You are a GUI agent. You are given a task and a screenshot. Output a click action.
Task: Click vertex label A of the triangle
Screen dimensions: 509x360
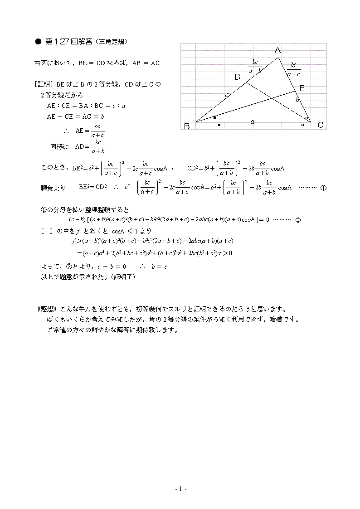click(x=278, y=50)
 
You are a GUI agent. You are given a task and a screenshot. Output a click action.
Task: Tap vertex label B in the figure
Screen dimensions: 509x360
click(x=187, y=126)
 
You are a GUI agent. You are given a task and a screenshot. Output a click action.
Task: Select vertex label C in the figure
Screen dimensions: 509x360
click(x=320, y=125)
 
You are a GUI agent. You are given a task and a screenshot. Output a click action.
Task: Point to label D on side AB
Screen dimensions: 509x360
click(x=238, y=77)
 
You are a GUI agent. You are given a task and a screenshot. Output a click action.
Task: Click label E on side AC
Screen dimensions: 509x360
click(x=302, y=88)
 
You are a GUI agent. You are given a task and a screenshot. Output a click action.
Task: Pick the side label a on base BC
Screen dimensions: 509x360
click(x=253, y=121)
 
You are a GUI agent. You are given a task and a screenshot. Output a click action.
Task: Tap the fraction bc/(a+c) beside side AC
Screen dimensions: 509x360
click(x=293, y=69)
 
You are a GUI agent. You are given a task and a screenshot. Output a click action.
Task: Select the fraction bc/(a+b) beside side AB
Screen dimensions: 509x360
click(x=255, y=66)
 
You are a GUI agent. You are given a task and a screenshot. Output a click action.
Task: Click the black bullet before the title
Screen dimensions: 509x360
click(x=38, y=42)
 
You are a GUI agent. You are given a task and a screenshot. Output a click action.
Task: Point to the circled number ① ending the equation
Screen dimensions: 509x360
click(x=323, y=188)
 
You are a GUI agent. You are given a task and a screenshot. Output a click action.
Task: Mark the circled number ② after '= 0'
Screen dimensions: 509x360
click(x=298, y=220)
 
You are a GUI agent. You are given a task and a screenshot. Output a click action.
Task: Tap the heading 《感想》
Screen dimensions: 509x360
click(x=46, y=309)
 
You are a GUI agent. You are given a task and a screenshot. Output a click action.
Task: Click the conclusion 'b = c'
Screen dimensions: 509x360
click(x=159, y=267)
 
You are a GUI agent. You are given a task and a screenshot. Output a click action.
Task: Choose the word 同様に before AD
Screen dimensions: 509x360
click(x=59, y=147)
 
